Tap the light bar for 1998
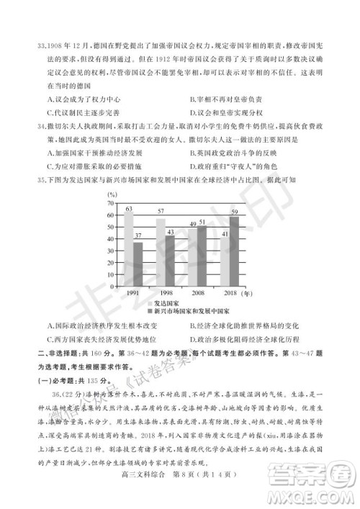coord(161,249)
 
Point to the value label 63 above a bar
coord(128,209)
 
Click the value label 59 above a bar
coord(234,212)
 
